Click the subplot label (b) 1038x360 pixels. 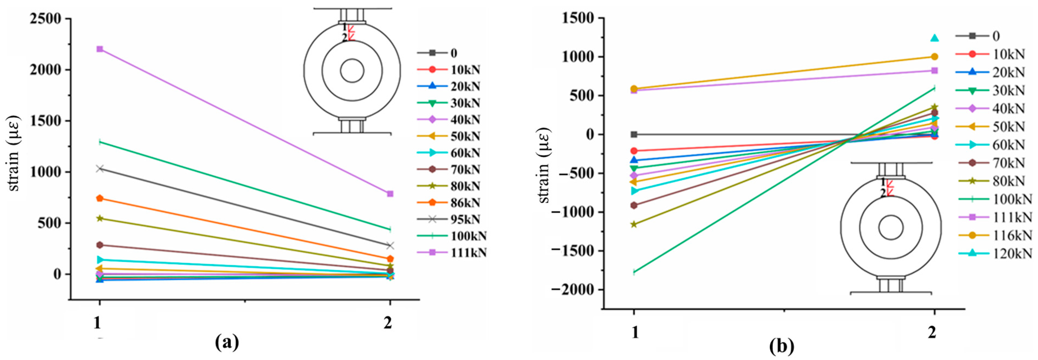point(781,346)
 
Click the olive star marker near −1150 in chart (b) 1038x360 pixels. point(634,224)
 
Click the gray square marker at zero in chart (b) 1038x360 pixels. point(634,134)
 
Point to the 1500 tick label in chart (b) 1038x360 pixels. point(577,19)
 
